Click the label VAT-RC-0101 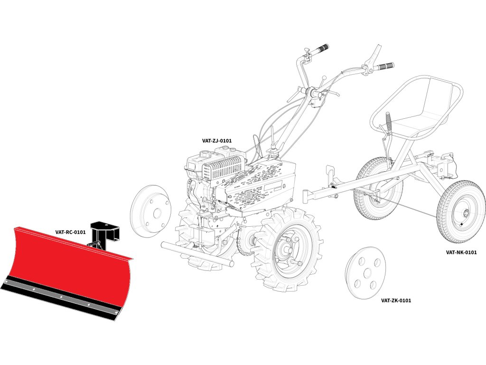(70, 232)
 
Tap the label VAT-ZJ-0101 (217, 141)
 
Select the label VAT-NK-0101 (461, 252)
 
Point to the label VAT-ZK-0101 (396, 300)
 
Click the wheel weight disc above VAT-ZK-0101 (365, 273)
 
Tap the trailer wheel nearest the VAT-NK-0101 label (461, 211)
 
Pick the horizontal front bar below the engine (197, 254)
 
